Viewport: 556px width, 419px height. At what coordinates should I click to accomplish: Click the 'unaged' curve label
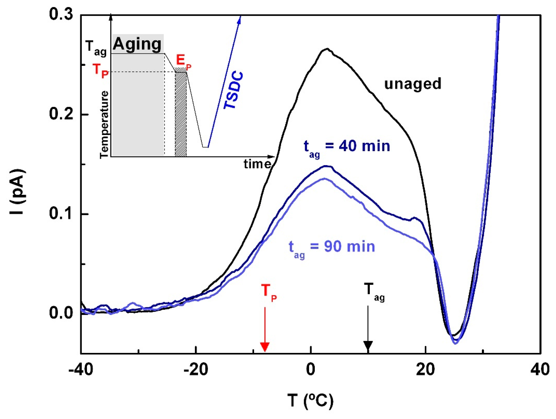[x=412, y=84]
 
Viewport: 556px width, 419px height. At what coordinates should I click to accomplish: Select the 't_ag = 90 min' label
[x=332, y=247]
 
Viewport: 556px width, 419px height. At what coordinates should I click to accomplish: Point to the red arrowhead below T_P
[x=265, y=347]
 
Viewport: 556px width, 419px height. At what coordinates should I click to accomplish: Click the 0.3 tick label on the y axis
[x=61, y=14]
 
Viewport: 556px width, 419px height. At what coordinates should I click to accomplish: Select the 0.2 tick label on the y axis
[x=61, y=114]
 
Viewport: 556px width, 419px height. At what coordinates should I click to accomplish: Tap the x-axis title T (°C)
[x=311, y=401]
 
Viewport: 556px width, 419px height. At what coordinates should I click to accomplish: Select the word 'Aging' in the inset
[x=137, y=44]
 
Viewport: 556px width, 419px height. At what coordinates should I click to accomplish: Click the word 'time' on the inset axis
[x=257, y=164]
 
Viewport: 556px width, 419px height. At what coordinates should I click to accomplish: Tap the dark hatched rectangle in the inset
[x=181, y=114]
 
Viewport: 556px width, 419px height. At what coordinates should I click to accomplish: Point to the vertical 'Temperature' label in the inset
[x=104, y=125]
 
